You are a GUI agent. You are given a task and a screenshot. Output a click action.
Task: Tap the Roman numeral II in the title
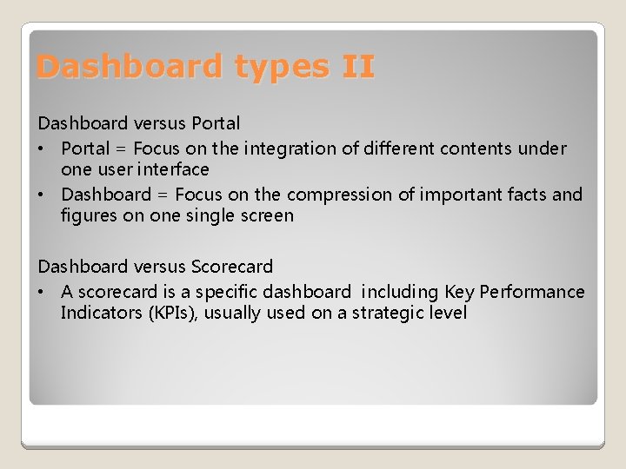coord(359,67)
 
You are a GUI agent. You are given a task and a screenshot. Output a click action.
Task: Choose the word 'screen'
coord(264,215)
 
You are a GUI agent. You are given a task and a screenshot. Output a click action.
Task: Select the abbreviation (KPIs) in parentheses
coord(176,313)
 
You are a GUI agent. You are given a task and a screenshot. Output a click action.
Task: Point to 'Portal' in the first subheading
coord(216,123)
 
